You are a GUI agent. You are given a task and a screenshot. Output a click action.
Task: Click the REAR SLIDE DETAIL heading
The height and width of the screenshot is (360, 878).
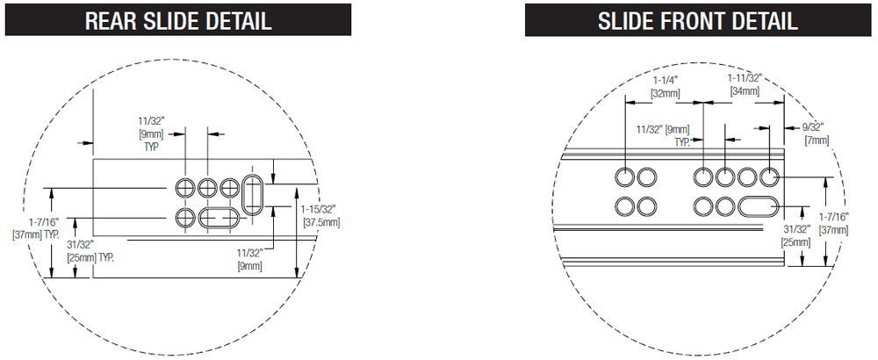click(178, 20)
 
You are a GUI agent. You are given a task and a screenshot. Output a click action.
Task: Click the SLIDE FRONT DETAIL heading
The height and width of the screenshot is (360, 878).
click(698, 20)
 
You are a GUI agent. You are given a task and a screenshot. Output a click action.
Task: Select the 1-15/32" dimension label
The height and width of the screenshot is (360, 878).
click(318, 209)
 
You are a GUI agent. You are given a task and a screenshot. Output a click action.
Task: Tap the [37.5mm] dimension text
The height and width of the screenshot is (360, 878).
click(321, 222)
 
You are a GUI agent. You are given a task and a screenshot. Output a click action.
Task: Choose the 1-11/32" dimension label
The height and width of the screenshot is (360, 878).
click(745, 78)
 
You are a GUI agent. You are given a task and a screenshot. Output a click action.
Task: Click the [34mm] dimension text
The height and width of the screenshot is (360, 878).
click(745, 90)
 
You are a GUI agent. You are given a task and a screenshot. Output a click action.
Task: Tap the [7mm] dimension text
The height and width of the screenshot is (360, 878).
click(817, 140)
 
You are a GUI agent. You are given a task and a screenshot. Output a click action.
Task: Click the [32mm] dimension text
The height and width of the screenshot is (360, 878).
click(666, 93)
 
